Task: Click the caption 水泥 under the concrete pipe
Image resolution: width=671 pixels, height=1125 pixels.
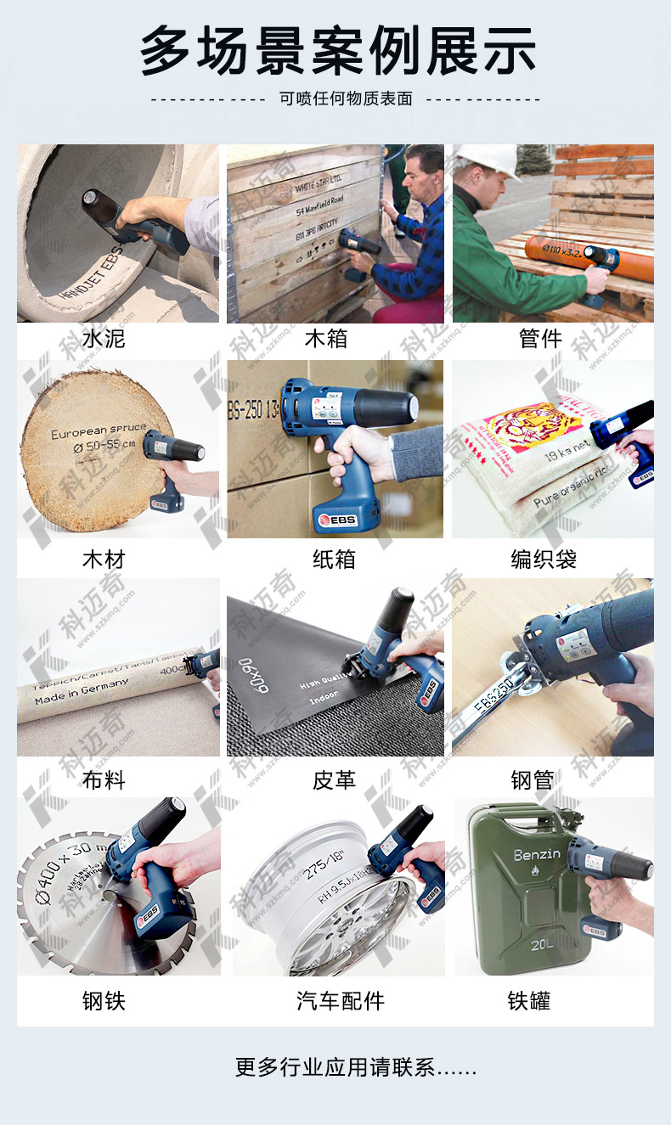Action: (x=104, y=340)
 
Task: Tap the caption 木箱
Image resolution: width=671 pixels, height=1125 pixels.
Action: (x=326, y=340)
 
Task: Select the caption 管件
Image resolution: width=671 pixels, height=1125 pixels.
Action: (x=540, y=340)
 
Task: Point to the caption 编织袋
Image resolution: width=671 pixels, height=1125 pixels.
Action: (x=544, y=560)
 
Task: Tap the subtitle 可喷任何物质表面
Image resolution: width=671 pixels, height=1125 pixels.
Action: (x=346, y=98)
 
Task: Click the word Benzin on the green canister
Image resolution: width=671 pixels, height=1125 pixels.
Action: (x=537, y=854)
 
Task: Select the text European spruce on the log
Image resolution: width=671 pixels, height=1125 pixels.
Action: (x=98, y=431)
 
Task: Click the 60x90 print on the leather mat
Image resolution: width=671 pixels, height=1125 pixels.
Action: (x=254, y=675)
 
